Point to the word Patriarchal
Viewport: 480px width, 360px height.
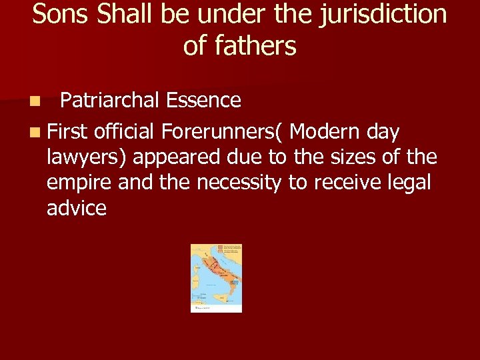pyautogui.click(x=109, y=101)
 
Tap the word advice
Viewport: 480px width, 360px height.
pyautogui.click(x=76, y=208)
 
